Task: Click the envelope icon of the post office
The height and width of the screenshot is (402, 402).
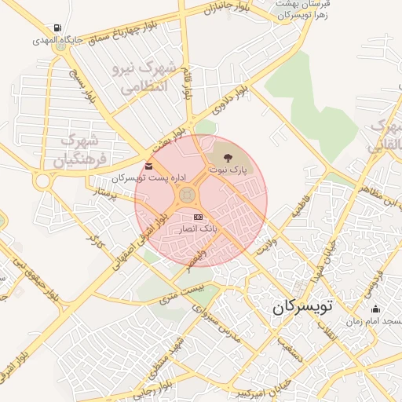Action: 149,166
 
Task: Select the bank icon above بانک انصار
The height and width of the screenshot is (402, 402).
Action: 198,217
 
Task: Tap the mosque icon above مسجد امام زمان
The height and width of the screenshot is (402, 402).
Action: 375,309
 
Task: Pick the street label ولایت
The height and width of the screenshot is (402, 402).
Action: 265,239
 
